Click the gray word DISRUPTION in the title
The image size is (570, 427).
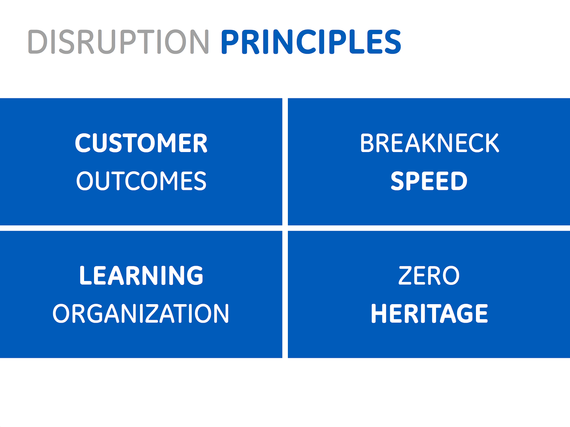118,42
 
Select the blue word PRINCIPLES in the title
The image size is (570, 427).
311,42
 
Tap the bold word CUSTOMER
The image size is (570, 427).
141,143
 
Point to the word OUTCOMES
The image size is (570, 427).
141,181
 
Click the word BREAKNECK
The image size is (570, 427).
429,143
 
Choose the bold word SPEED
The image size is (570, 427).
429,181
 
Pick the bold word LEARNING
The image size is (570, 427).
141,275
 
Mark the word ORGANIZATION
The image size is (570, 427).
141,313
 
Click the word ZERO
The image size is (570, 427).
429,275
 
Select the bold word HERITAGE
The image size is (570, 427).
429,313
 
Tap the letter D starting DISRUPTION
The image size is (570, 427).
38,42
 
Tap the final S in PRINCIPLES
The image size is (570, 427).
392,42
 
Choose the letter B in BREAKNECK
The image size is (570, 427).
367,143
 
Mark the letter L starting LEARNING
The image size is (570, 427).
85,275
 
